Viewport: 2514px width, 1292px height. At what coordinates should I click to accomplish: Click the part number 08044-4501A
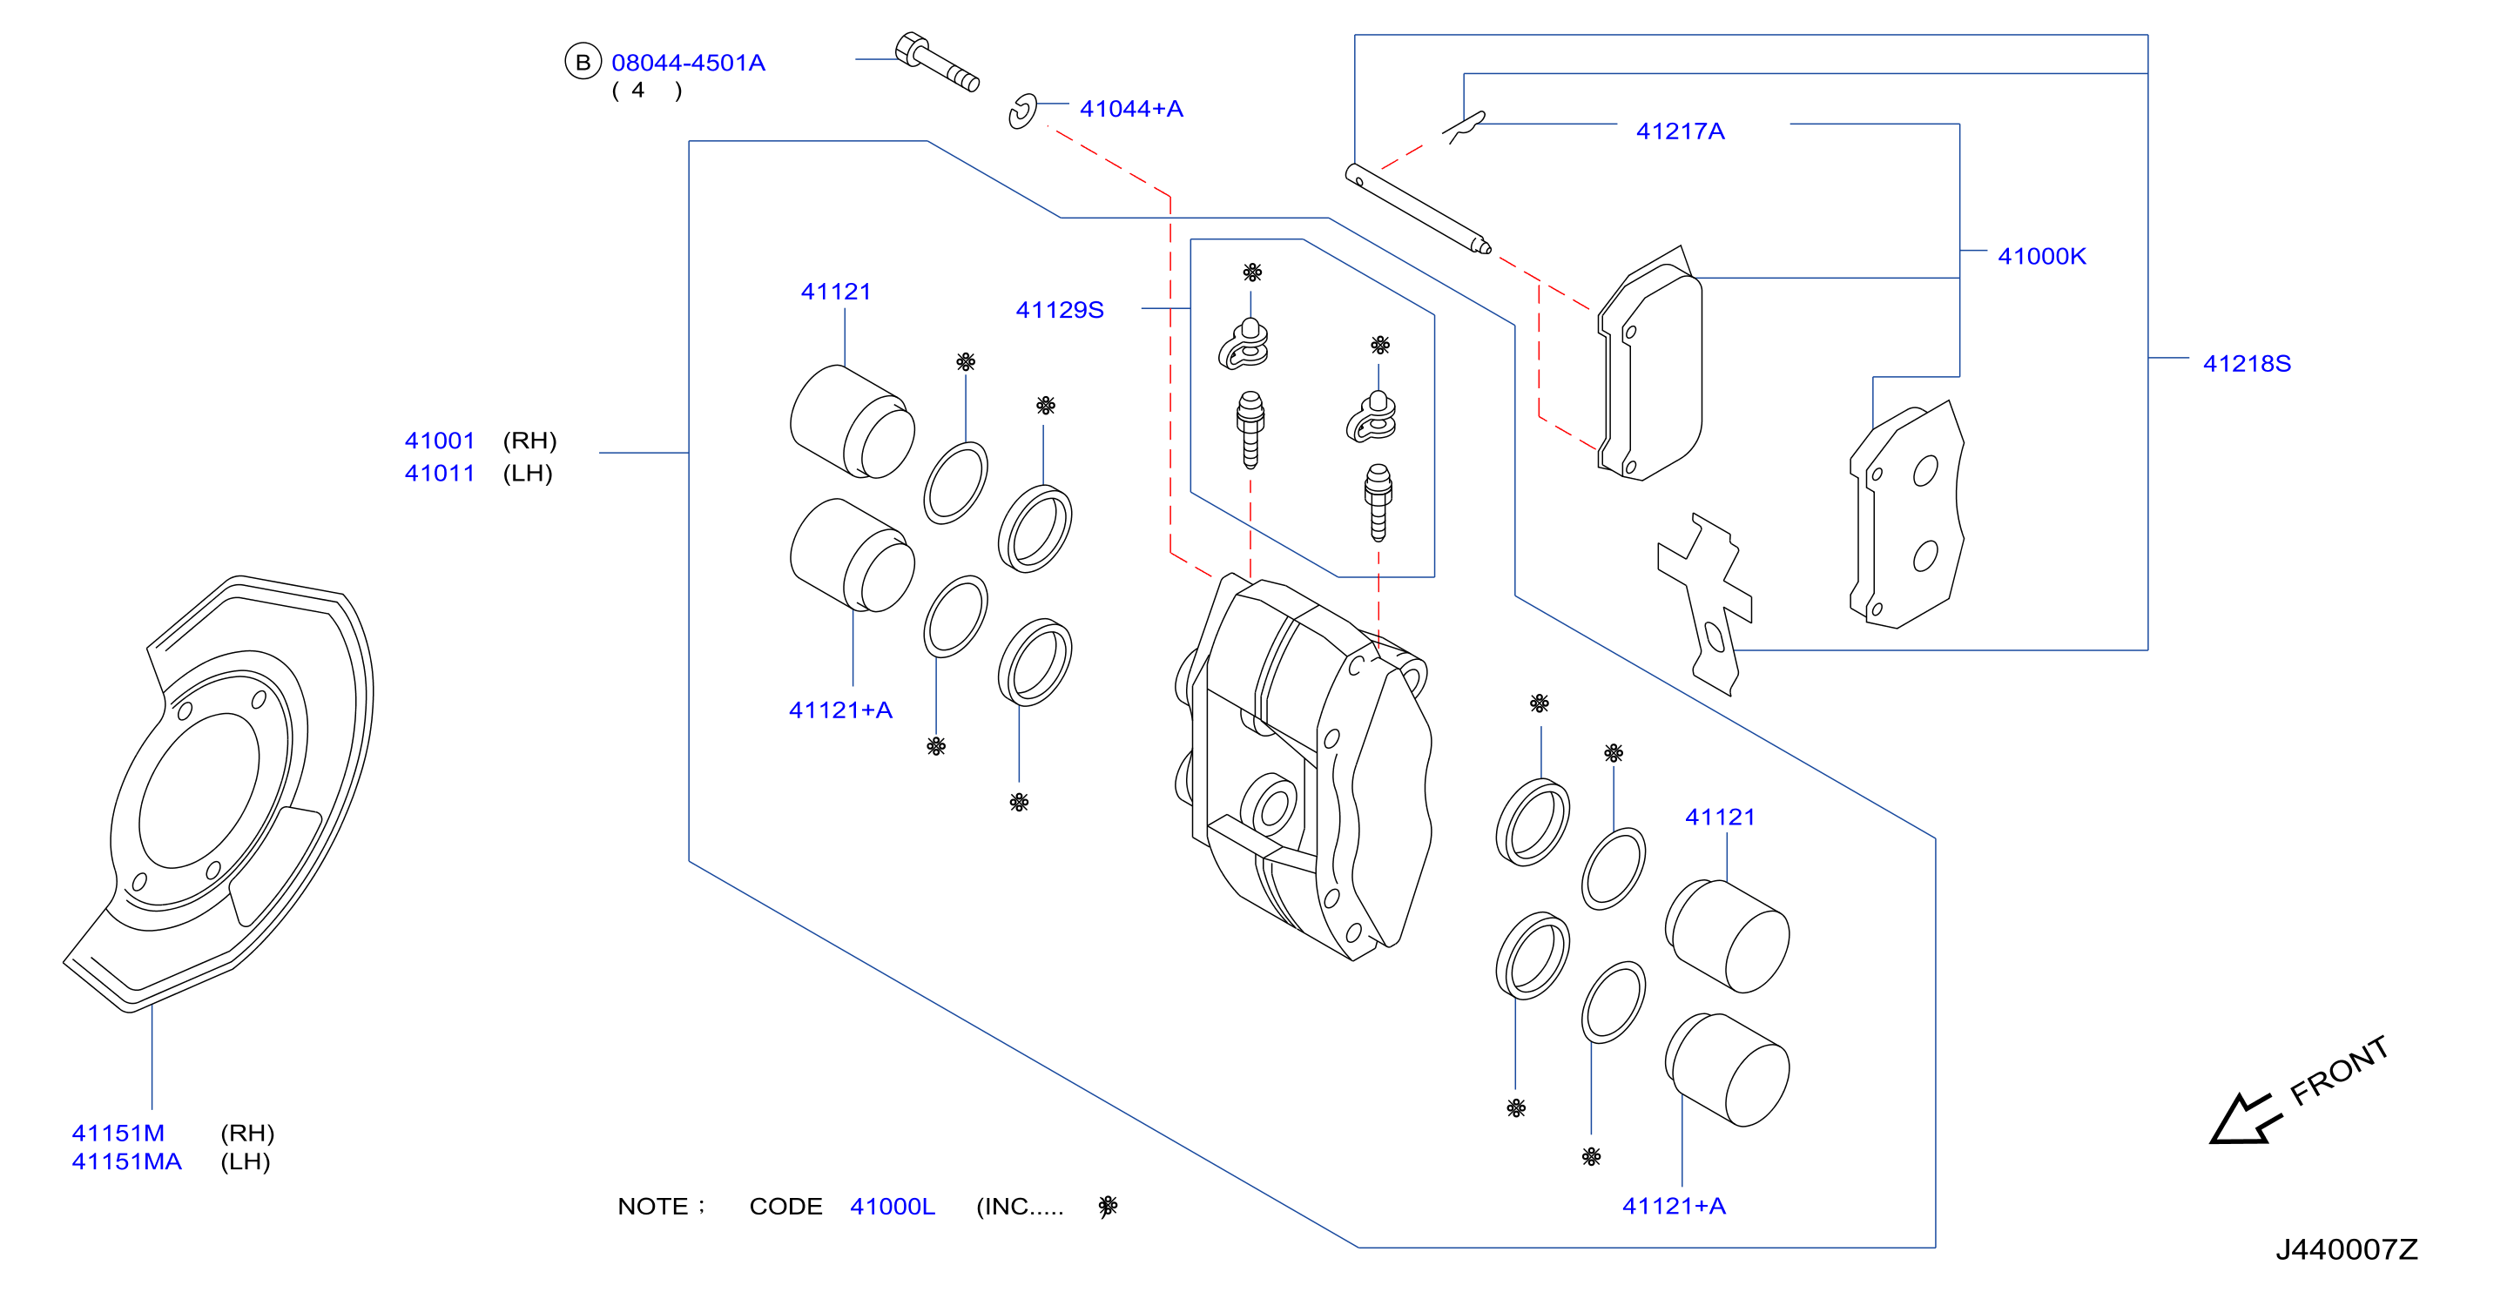(x=688, y=63)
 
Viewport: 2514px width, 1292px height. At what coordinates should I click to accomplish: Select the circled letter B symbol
(x=583, y=62)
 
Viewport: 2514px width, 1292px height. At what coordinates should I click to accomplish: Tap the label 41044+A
(x=1131, y=108)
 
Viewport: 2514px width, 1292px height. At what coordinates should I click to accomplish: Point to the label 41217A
(x=1680, y=131)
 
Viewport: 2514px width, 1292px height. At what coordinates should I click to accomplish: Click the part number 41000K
(x=2042, y=256)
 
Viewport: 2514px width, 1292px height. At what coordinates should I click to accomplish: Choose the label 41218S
(x=2247, y=363)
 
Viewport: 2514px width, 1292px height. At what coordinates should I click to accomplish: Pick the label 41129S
(x=1060, y=309)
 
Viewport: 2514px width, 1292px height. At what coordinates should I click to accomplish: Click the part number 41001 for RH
(x=439, y=441)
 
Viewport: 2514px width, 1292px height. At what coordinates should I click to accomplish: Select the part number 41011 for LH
(x=439, y=474)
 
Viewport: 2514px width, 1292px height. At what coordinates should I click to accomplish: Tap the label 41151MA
(x=127, y=1161)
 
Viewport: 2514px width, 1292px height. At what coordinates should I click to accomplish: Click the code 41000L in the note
(x=892, y=1206)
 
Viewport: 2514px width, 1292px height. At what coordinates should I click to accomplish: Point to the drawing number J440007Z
(x=2347, y=1249)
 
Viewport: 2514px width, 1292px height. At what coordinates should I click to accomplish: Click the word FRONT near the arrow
(x=2339, y=1071)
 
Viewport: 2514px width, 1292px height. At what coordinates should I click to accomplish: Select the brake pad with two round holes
(x=1906, y=515)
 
